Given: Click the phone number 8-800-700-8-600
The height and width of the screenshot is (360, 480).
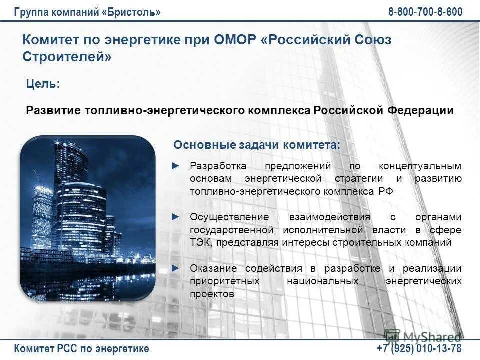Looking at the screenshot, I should [x=425, y=12].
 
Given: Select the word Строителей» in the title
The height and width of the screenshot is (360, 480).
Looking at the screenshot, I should [x=67, y=57].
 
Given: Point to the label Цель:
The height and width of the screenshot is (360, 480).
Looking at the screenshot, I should [x=43, y=84].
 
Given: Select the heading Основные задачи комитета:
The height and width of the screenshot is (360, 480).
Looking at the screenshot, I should [x=256, y=145].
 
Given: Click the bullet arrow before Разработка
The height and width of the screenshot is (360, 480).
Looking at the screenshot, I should [x=175, y=165].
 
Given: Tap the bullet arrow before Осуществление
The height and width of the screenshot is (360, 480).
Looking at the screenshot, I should [x=175, y=217].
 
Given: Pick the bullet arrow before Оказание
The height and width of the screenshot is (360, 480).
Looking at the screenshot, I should [x=175, y=268].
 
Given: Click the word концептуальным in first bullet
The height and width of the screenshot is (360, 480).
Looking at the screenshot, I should [x=420, y=166].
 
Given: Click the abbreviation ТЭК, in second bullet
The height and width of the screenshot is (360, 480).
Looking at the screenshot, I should [x=201, y=243].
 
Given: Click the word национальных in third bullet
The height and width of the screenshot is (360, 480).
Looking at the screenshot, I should [x=323, y=281].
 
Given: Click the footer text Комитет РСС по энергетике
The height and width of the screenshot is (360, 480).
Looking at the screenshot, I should [x=82, y=348].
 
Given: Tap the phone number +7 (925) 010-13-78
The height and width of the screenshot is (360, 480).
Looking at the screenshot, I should [x=419, y=348].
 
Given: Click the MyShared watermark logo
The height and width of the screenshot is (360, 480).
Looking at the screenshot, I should [x=422, y=336].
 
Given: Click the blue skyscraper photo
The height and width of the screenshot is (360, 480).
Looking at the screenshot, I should [x=88, y=218].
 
